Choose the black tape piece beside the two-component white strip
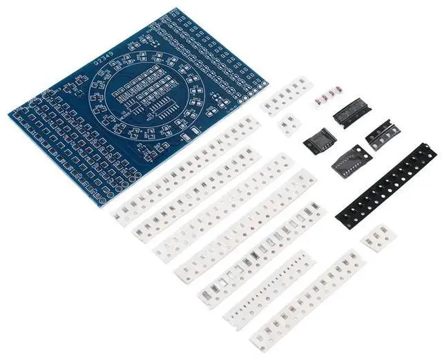point(318,140)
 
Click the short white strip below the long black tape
point(378,238)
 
